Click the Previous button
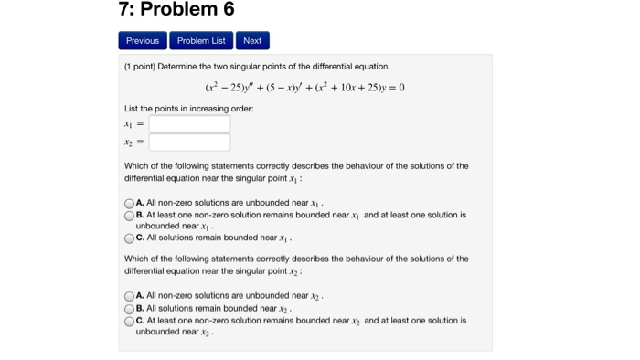click(143, 40)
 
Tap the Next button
click(252, 40)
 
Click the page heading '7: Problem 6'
click(176, 10)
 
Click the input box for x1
click(190, 123)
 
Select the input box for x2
click(190, 143)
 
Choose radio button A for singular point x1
click(129, 203)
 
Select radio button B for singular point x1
click(129, 216)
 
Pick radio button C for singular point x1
click(129, 238)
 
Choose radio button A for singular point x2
click(129, 296)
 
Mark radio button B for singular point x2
click(129, 309)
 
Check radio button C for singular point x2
click(129, 321)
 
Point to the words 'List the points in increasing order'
click(188, 109)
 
